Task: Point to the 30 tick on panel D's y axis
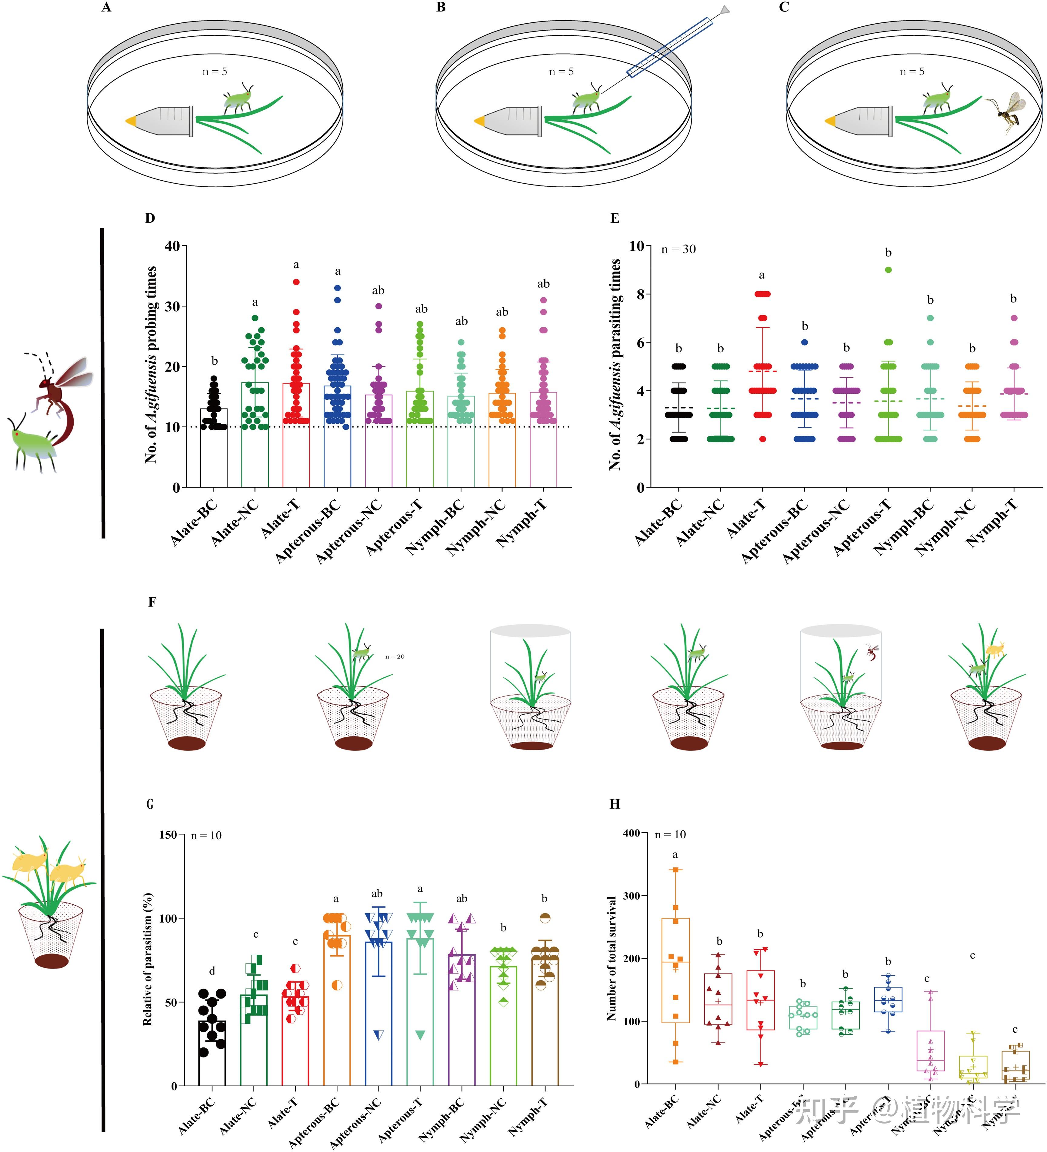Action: pos(172,306)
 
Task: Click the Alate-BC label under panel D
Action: pos(194,521)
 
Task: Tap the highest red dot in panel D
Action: pos(296,282)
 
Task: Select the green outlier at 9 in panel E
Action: pos(888,270)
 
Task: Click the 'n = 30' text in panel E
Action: pos(679,249)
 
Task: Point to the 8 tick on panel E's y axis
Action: pos(640,294)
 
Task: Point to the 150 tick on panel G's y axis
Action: pos(168,835)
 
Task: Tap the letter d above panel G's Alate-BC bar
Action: pos(212,971)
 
